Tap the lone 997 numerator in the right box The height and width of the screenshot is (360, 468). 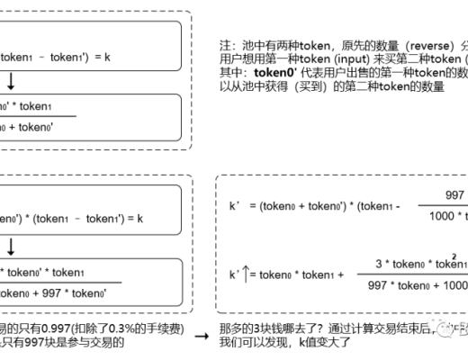pos(455,194)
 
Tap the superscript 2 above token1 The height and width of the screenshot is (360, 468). pos(454,255)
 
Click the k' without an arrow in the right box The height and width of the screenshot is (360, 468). pos(235,205)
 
